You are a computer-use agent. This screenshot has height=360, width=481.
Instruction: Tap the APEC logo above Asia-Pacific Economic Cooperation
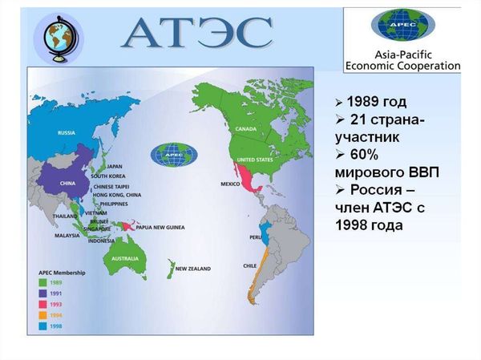pos(402,26)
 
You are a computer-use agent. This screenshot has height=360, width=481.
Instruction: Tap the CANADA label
pos(245,129)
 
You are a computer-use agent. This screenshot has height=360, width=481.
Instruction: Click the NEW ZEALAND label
pos(192,269)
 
